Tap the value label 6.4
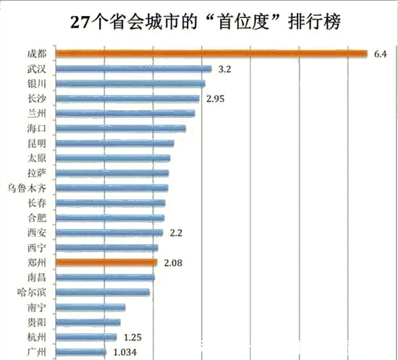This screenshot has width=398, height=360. pos(381,54)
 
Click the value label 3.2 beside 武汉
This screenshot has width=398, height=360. pos(224,69)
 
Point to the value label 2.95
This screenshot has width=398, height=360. pos(216,99)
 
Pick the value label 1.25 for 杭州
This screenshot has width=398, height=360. pos(132,338)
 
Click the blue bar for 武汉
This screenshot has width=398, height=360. pos(133,69)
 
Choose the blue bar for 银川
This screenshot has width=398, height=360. pos(130,83)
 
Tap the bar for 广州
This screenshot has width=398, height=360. pos(81,353)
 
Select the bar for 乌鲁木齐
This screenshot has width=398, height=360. pos(111,188)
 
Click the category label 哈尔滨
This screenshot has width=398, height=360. pos(33,293)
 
